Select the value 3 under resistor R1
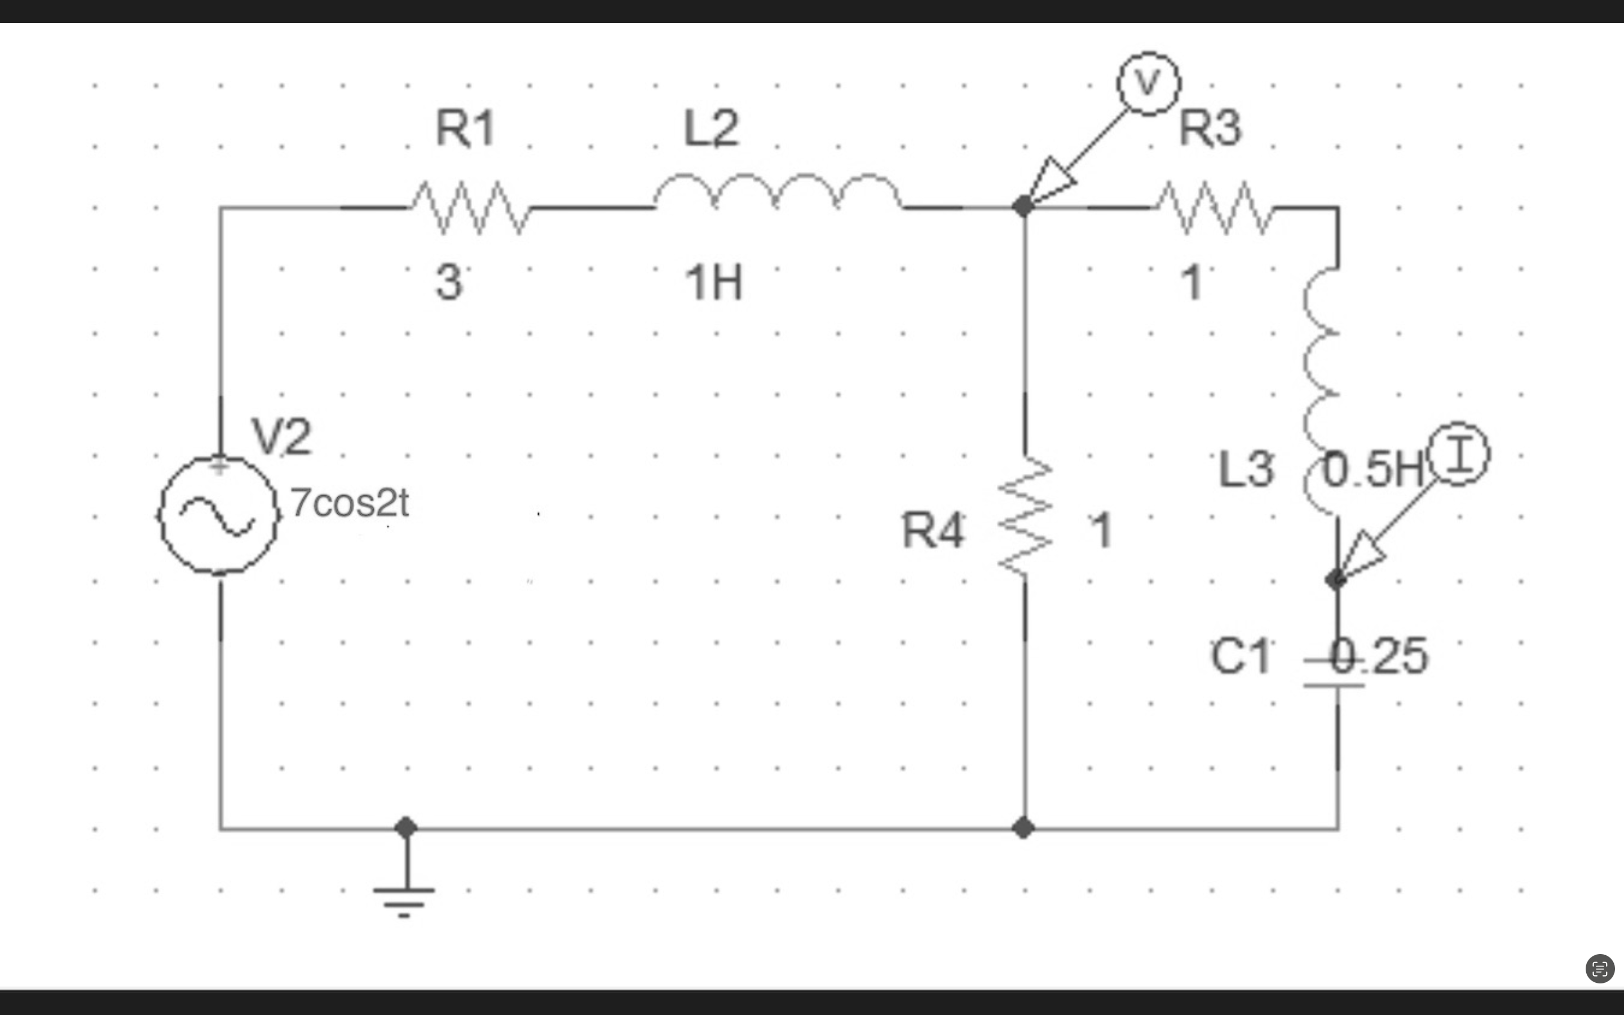pos(449,282)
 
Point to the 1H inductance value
pos(713,283)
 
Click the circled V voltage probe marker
pos(1148,83)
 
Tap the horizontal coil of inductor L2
pos(777,191)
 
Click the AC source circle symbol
pos(219,515)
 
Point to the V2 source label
pos(282,436)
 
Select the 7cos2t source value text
pos(349,503)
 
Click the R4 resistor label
pos(933,530)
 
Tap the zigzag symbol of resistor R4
pos(1025,515)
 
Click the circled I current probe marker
pos(1458,454)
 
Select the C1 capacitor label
pos(1240,656)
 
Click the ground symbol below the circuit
pos(404,896)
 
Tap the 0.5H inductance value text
pos(1373,469)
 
